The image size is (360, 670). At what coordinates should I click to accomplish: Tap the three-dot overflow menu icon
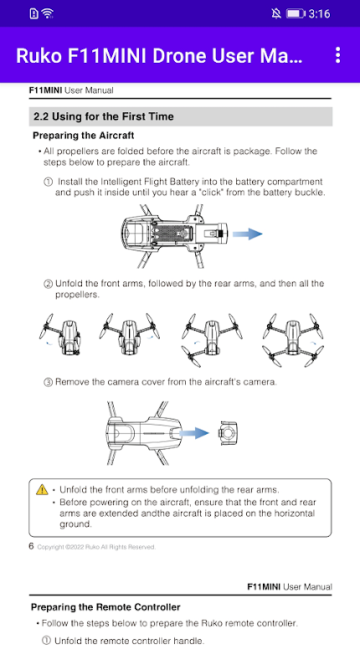[337, 55]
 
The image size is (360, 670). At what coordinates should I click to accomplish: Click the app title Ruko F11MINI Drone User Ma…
[159, 56]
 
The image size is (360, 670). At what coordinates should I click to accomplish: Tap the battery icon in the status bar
[295, 13]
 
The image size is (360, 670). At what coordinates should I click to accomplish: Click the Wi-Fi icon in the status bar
[48, 13]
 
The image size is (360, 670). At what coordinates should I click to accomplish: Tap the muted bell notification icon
[276, 13]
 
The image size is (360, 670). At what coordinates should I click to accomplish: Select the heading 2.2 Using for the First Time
[104, 116]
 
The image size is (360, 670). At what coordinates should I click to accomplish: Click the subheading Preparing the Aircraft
[83, 136]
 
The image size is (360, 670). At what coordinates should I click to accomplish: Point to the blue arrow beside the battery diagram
[247, 234]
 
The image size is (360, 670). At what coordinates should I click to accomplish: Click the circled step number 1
[49, 182]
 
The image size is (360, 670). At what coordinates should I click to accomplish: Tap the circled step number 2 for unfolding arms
[49, 284]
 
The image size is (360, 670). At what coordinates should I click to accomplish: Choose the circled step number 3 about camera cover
[49, 382]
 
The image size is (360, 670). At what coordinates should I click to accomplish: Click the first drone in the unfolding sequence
[60, 337]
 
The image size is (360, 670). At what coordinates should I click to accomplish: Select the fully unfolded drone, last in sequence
[292, 340]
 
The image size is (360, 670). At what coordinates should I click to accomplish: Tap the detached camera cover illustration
[229, 433]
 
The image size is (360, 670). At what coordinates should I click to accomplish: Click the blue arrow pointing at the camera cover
[194, 433]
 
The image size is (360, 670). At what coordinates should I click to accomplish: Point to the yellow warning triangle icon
[42, 489]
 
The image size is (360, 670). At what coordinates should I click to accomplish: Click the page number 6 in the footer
[31, 546]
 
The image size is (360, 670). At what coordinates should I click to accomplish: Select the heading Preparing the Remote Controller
[105, 606]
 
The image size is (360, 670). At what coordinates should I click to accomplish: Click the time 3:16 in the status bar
[319, 13]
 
